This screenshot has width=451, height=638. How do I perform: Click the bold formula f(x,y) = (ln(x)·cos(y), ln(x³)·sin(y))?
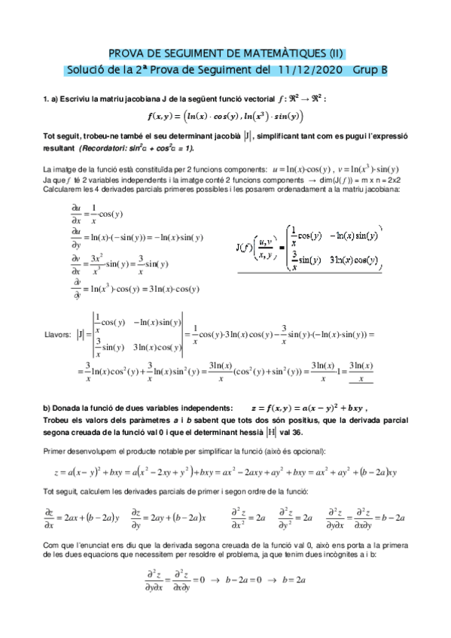(225, 117)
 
